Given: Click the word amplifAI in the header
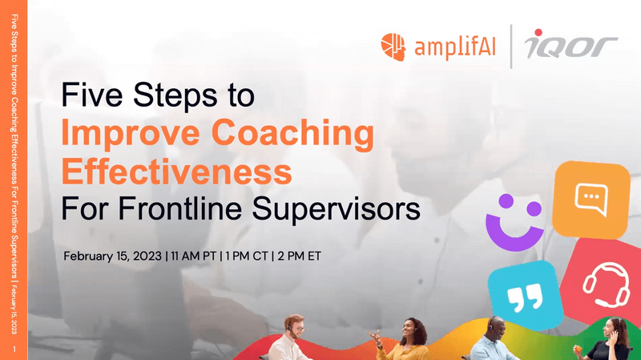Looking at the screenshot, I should click(453, 47).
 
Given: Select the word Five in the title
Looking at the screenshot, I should click(94, 96).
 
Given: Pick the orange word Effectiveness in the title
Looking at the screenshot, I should click(176, 171).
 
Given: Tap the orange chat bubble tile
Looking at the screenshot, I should click(591, 196).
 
